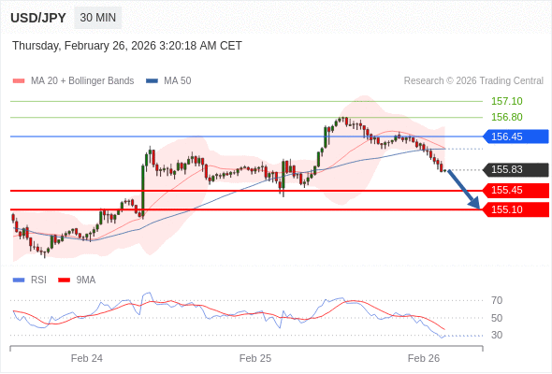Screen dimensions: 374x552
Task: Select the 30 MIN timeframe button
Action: [x=98, y=18]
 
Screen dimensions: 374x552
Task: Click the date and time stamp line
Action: [x=127, y=45]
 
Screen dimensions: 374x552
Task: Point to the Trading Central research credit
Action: [x=473, y=80]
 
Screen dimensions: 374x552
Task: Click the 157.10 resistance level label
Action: [x=506, y=101]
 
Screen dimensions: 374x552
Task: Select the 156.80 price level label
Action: [x=506, y=117]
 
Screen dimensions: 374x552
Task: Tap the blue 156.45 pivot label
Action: [x=514, y=137]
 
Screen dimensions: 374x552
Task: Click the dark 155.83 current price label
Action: [x=514, y=169]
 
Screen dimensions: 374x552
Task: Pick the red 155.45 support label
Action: [x=514, y=191]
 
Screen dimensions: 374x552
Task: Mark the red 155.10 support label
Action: [x=514, y=209]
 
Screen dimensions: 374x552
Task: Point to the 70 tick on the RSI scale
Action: [x=497, y=300]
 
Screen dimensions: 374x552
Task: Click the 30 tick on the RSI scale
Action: [x=497, y=335]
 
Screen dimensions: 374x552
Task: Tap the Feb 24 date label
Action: [x=87, y=358]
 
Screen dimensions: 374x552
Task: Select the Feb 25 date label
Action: [x=255, y=358]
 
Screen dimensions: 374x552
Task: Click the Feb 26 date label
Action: [x=424, y=358]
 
